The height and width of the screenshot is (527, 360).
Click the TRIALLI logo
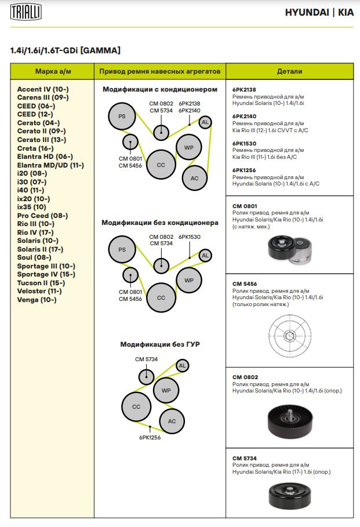(x=26, y=12)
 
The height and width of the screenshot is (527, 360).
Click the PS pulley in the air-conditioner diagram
(x=122, y=117)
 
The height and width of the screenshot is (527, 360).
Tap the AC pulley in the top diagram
(x=194, y=178)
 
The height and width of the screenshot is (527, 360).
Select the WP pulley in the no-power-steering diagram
(x=166, y=390)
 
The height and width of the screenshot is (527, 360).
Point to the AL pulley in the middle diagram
(x=205, y=255)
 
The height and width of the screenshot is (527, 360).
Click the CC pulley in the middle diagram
(x=161, y=298)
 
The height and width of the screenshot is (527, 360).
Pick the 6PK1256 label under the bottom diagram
(x=150, y=438)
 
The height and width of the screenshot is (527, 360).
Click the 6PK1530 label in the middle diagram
(x=190, y=237)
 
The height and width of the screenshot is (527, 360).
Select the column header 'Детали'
(x=289, y=71)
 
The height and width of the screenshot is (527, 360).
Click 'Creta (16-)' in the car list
(x=35, y=148)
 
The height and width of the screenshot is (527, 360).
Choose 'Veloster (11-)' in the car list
(x=39, y=291)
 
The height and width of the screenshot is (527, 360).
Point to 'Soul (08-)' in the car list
(x=34, y=257)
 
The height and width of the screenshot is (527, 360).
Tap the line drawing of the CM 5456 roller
(x=289, y=335)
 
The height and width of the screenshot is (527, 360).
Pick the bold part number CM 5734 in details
(x=244, y=458)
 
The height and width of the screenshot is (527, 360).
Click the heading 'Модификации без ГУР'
(x=160, y=344)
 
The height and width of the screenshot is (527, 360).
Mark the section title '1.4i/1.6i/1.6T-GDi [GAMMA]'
(x=66, y=50)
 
